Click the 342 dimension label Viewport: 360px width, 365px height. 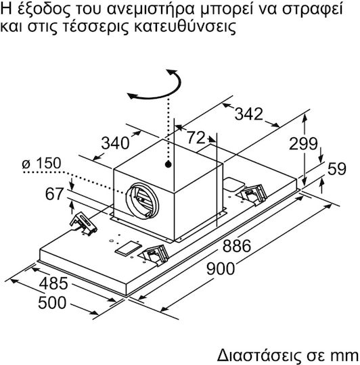point(248,114)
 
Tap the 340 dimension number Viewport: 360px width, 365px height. point(115,143)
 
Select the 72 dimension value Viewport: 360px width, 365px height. point(196,138)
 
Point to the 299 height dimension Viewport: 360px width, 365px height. point(303,143)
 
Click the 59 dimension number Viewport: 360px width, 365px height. point(337,169)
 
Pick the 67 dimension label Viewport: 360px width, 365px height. point(54,194)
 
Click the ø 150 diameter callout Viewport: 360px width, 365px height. point(41,163)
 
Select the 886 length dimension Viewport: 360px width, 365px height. point(237,246)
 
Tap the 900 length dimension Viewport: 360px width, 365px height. point(221,268)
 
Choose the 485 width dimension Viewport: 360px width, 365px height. point(53,283)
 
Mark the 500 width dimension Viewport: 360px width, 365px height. point(52,303)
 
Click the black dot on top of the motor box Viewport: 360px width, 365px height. point(168,164)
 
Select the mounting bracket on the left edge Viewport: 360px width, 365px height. point(83,224)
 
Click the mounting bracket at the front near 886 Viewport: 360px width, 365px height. point(155,255)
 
